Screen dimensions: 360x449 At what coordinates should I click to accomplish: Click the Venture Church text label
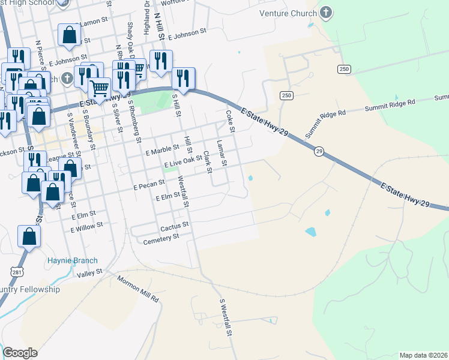287,13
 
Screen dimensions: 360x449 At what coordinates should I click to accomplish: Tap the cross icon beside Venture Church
325,13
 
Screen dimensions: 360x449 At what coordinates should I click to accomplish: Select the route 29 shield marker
319,152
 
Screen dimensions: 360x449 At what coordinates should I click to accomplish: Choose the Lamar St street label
221,153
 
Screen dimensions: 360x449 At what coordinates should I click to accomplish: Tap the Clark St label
207,161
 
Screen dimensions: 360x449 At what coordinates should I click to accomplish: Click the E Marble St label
163,148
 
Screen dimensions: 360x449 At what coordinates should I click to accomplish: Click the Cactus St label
175,226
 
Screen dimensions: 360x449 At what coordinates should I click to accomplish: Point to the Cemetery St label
161,238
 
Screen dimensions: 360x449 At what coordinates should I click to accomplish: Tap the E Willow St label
86,227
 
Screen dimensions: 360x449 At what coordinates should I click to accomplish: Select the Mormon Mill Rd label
137,289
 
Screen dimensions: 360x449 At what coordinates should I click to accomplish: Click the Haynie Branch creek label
72,260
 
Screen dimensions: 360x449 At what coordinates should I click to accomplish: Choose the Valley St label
90,274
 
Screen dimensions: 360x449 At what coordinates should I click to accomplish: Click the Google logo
20,353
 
